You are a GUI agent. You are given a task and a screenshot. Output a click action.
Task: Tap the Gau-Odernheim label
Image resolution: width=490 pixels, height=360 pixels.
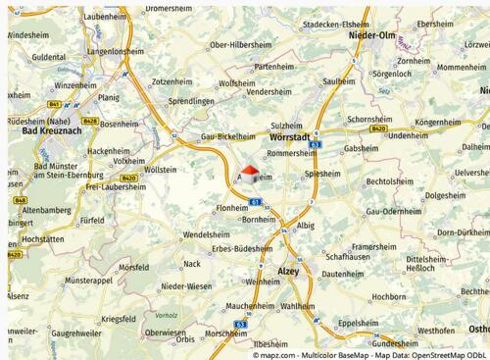tap(392, 211)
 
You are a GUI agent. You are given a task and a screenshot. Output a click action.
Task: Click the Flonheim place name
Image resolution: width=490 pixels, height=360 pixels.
tap(231, 208)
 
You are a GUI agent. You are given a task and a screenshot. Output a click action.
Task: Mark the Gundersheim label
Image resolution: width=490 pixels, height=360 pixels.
tap(395, 344)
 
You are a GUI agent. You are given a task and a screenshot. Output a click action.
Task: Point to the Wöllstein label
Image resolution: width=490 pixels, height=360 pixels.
tap(160, 169)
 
